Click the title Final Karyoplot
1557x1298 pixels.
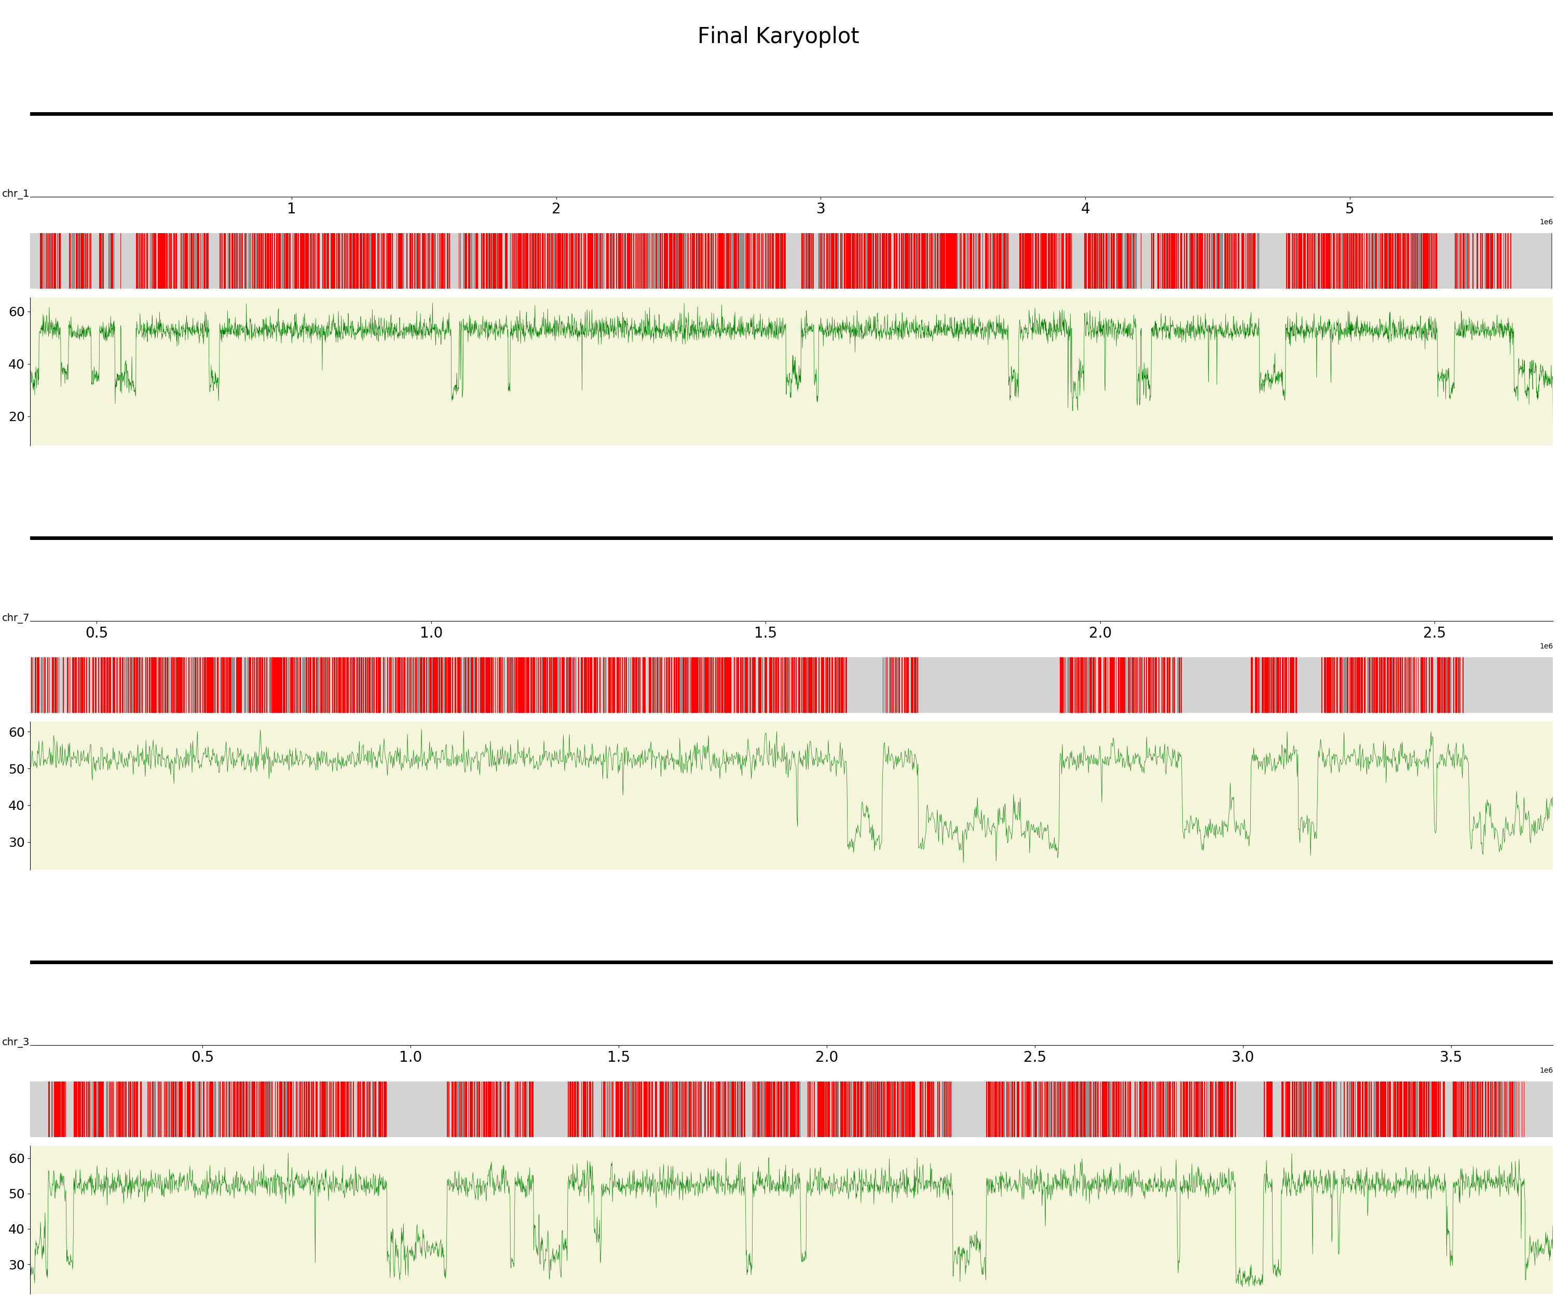tap(778, 36)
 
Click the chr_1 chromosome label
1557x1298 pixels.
tap(15, 194)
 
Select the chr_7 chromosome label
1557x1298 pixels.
tap(15, 618)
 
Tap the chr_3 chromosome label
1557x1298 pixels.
tap(15, 1042)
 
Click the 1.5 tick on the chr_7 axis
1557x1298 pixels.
tap(765, 633)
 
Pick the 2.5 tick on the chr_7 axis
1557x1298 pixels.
tap(1435, 633)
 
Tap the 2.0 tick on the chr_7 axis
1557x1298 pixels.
tap(1100, 633)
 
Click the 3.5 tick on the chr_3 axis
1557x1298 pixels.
tap(1451, 1057)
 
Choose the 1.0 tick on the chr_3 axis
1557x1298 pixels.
tap(411, 1057)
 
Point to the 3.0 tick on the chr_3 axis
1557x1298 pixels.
tap(1242, 1057)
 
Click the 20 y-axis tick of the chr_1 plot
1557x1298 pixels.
tap(16, 417)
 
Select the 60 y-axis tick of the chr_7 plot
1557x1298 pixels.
tap(16, 732)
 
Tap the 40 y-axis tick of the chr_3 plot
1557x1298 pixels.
tap(16, 1229)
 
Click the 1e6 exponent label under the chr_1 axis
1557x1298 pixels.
tap(1546, 222)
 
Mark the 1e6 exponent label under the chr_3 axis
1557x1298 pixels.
tap(1546, 1070)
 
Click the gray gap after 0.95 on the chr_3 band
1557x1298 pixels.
tap(416, 1109)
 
